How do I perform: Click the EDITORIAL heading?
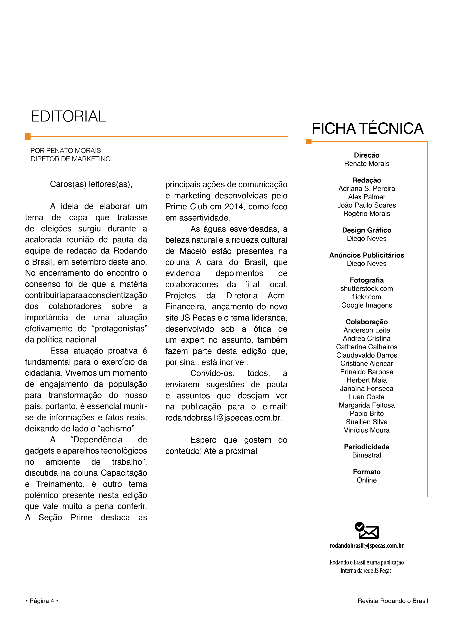(x=68, y=116)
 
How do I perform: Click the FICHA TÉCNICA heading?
(x=367, y=128)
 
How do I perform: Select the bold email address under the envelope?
(x=367, y=546)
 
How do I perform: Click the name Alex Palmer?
(x=367, y=197)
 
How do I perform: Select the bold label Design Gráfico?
(x=367, y=230)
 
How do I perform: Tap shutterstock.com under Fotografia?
(x=367, y=289)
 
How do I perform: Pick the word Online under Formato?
(x=367, y=480)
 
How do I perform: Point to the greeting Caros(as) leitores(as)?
(x=91, y=184)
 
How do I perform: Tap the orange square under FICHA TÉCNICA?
(x=309, y=141)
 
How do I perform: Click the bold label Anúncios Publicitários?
(x=367, y=255)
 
